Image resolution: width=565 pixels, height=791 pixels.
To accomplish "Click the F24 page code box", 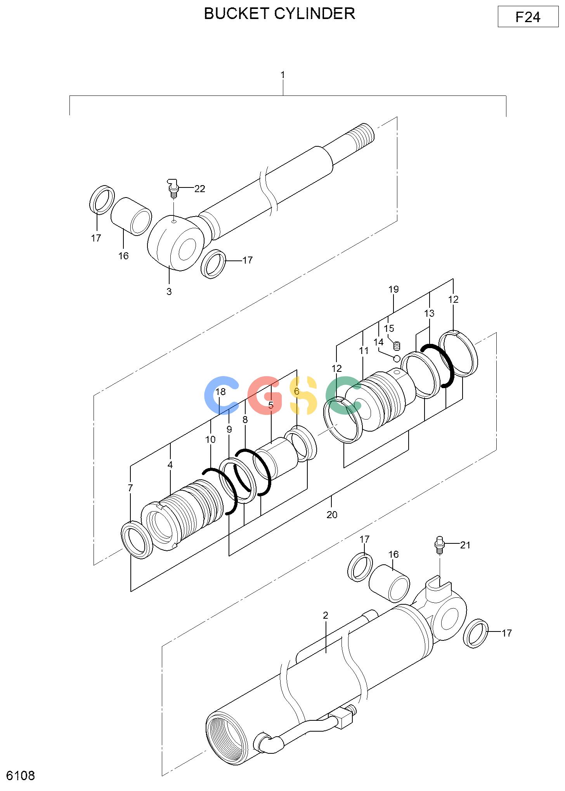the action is [x=528, y=17].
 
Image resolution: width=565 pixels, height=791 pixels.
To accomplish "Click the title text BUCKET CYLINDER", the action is [x=279, y=14].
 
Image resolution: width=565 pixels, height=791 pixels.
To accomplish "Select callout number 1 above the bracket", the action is [x=283, y=75].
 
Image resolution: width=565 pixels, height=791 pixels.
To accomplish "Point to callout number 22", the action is [x=200, y=189].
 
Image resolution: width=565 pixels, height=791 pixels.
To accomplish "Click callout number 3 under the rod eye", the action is [x=169, y=291].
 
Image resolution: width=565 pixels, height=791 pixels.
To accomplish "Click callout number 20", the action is [x=332, y=515].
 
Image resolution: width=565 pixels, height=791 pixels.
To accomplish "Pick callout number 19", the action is [x=393, y=289].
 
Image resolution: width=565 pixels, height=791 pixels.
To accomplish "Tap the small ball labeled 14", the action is [x=397, y=357].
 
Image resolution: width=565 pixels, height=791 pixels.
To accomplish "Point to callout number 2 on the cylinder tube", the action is [x=326, y=615].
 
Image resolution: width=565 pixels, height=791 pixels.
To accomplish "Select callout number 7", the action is [x=130, y=488].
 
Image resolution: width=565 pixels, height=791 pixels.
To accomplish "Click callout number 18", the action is [x=220, y=392].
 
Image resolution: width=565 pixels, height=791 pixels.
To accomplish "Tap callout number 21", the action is [x=465, y=545].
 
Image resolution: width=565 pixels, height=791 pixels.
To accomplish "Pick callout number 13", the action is [x=429, y=313].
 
